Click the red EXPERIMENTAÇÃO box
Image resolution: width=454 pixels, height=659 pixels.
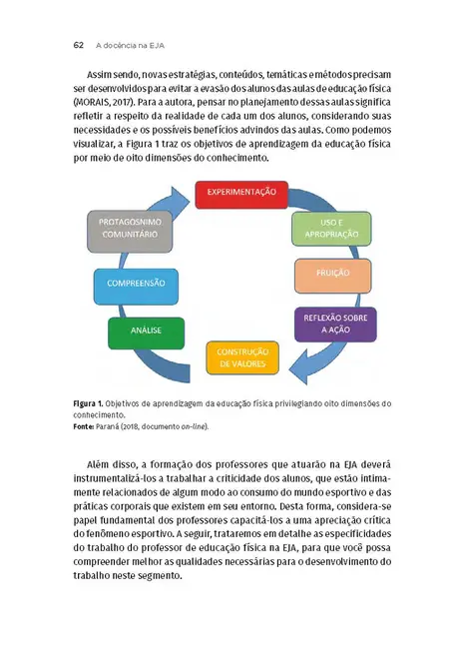click(240, 193)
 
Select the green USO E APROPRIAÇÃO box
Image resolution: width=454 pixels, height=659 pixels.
click(324, 228)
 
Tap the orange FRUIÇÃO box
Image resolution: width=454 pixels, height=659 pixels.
click(324, 273)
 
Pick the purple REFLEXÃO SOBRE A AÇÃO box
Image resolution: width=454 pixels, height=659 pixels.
click(324, 324)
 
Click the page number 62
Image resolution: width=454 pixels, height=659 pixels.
click(78, 46)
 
